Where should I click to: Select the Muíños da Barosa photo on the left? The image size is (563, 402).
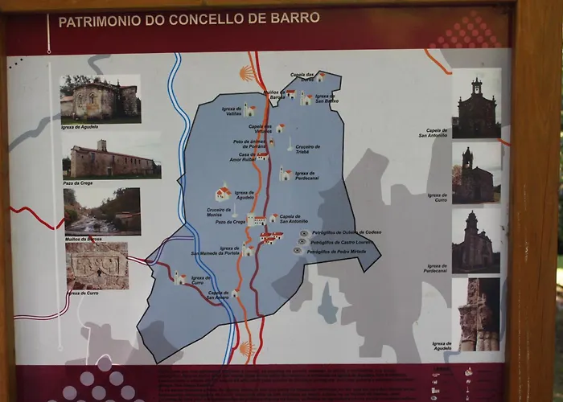coord(102,211)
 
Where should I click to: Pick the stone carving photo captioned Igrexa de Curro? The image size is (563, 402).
coord(97,265)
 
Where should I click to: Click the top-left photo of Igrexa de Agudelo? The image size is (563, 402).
coord(101,98)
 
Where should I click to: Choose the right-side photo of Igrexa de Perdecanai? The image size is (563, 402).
coord(476,241)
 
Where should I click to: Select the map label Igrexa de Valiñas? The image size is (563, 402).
coord(228,113)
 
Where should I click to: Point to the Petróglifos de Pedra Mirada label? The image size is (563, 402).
coord(335,251)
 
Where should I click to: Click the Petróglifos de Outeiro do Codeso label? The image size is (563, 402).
coord(346,232)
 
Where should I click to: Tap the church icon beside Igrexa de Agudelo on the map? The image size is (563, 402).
coord(223,193)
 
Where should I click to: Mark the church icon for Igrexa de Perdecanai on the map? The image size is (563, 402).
coord(284,174)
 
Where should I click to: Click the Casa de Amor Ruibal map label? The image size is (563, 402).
coord(245,157)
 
